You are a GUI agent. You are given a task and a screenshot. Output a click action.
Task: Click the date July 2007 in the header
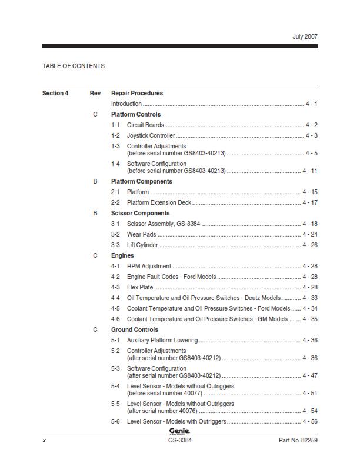[305, 36]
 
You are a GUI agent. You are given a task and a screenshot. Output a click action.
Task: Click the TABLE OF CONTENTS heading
[74, 66]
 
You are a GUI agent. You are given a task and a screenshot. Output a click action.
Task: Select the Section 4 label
[55, 93]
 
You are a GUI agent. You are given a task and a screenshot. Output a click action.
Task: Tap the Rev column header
[95, 93]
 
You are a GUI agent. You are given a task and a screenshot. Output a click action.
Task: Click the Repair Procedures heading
[137, 93]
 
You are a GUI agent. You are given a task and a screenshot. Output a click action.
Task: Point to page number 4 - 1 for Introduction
[311, 104]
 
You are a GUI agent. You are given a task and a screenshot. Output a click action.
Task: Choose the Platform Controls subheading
[136, 114]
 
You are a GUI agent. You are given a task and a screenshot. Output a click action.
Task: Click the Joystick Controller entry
[151, 135]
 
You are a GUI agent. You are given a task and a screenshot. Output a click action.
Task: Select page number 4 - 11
[310, 171]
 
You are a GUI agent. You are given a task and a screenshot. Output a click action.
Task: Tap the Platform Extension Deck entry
[159, 202]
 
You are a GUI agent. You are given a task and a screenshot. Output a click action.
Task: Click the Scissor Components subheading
[140, 213]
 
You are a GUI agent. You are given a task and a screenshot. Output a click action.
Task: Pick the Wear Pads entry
[142, 234]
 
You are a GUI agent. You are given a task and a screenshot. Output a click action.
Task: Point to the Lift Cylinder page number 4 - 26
[310, 245]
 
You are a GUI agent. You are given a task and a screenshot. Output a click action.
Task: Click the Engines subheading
[122, 255]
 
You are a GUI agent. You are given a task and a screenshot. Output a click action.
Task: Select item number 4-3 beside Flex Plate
[115, 287]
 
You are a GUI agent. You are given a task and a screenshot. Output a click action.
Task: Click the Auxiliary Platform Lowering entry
[162, 340]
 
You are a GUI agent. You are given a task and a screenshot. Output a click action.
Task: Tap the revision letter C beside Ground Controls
[95, 329]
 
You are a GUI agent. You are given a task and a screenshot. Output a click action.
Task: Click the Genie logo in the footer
[179, 431]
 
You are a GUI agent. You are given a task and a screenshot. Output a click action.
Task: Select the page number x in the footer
[44, 440]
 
